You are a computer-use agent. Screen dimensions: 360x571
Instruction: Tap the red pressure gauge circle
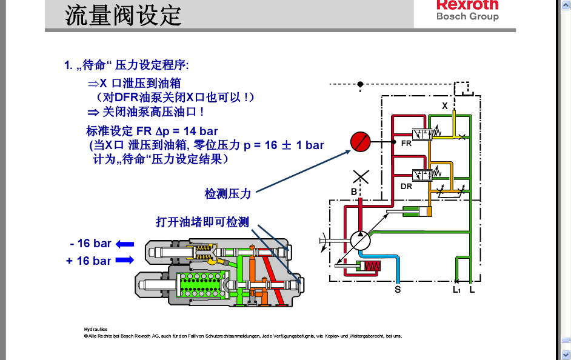360,142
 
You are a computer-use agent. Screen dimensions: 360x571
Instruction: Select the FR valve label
406,144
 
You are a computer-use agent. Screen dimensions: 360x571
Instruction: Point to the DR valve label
406,186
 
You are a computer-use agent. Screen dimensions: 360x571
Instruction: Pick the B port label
353,192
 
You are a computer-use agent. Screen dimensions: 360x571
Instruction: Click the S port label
398,290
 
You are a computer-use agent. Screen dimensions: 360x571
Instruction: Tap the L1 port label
457,290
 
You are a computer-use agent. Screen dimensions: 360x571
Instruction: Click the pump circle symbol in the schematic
360,241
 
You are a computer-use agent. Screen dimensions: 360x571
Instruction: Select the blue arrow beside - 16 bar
125,244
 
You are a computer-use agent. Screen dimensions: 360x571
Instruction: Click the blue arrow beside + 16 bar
125,261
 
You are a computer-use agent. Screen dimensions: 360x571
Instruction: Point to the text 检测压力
227,194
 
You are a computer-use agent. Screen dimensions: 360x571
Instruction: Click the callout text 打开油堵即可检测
202,222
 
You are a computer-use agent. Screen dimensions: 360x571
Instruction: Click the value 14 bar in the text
199,131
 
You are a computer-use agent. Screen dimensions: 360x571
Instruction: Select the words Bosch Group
467,16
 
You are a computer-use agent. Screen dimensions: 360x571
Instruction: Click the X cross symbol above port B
361,177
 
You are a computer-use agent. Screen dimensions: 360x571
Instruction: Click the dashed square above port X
464,88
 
